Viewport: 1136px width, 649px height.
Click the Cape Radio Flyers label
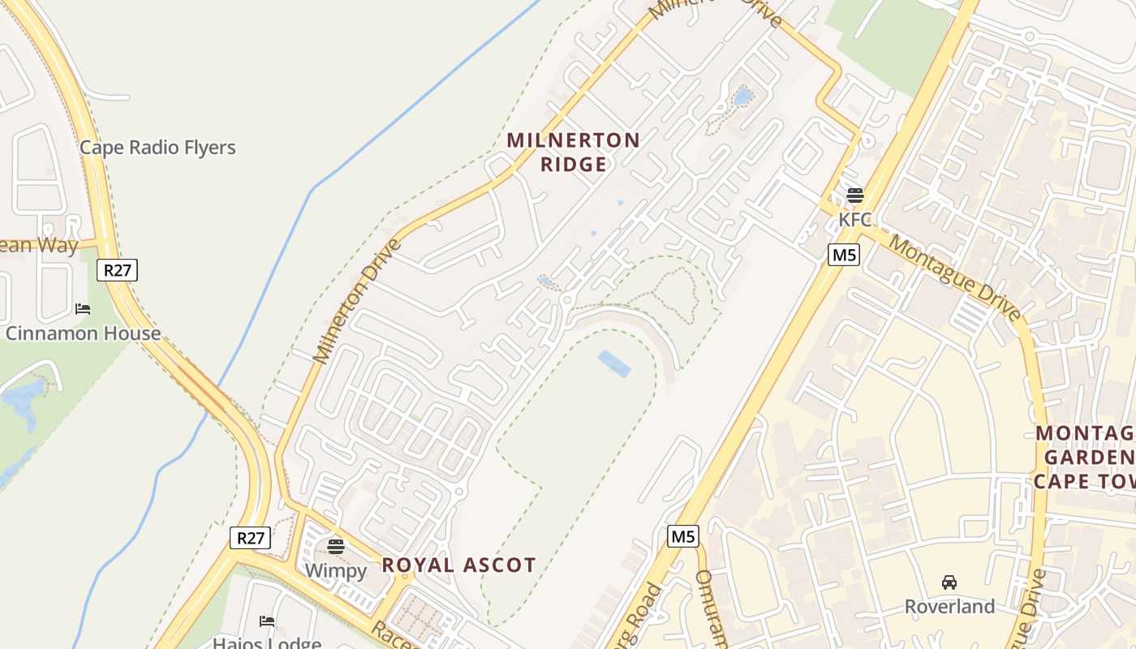click(x=157, y=148)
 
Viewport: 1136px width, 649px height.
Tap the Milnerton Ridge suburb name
click(x=574, y=152)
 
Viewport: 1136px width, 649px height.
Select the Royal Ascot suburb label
click(x=458, y=565)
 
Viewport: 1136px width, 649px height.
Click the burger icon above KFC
click(x=854, y=196)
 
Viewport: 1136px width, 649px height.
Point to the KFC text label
click(x=854, y=219)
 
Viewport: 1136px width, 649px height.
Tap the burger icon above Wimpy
click(x=336, y=546)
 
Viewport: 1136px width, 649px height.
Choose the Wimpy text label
click(x=336, y=570)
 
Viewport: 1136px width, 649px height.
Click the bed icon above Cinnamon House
click(x=83, y=309)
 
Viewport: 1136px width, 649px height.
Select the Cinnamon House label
click(x=83, y=333)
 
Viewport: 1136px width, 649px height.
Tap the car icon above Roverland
click(x=949, y=582)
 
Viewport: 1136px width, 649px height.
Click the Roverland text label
click(x=949, y=607)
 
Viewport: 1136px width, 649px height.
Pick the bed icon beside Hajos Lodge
click(x=267, y=621)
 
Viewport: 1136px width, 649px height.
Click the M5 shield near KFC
click(x=844, y=255)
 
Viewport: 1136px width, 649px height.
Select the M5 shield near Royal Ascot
click(x=683, y=536)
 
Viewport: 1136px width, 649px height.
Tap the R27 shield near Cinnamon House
click(x=117, y=270)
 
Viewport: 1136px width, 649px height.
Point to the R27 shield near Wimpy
click(x=250, y=538)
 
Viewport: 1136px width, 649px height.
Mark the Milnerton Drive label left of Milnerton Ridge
click(x=358, y=301)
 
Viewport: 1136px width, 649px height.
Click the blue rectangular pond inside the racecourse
click(x=614, y=364)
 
